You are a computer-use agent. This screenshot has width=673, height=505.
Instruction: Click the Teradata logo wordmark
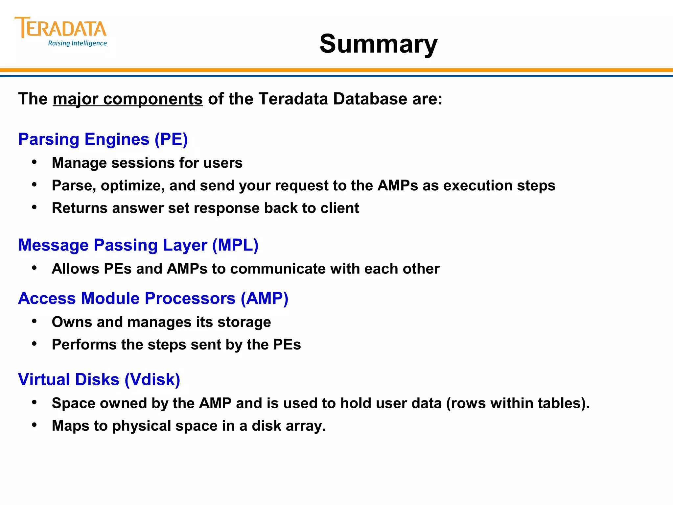[x=61, y=28]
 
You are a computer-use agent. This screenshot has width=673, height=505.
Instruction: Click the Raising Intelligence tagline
[x=78, y=43]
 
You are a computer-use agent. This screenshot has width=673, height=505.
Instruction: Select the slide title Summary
[x=378, y=44]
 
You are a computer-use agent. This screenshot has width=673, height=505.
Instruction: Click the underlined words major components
[x=128, y=99]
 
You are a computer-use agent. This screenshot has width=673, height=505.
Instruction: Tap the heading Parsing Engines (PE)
[x=103, y=139]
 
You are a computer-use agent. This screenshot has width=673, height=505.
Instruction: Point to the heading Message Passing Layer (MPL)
[x=138, y=245]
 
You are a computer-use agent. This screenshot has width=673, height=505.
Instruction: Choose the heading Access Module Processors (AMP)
[x=153, y=298]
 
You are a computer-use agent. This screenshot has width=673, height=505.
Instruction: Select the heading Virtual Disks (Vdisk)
[x=99, y=379]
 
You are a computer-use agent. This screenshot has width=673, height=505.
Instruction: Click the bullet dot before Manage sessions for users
[x=35, y=162]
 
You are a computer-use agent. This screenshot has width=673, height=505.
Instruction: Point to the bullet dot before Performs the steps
[x=35, y=344]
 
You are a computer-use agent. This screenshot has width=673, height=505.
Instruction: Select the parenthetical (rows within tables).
[x=518, y=403]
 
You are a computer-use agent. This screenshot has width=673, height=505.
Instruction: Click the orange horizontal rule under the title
[x=336, y=70]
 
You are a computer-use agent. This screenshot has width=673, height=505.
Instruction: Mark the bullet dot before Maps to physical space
[x=35, y=425]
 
